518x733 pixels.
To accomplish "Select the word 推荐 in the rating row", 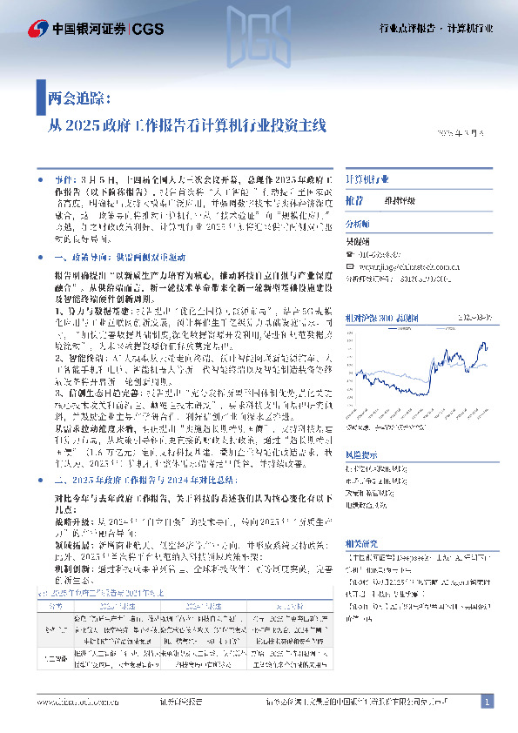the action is pos(354,200).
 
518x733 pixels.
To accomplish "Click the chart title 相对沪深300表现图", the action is pos(383,320).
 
